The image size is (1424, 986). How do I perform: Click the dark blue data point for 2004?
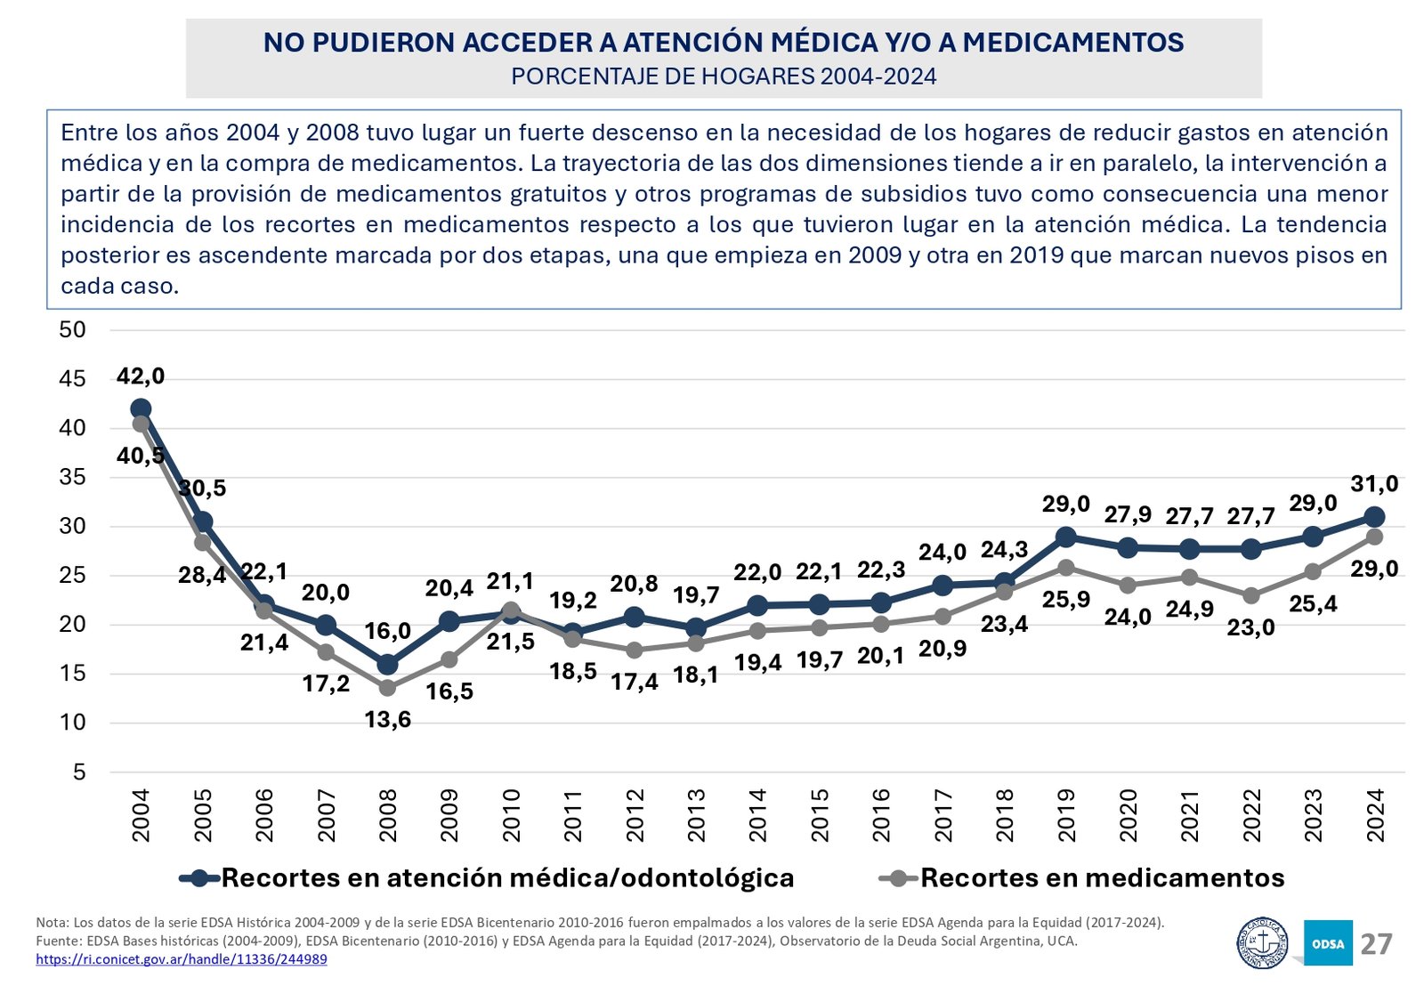[x=141, y=409]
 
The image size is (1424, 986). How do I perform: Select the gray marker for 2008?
[x=387, y=688]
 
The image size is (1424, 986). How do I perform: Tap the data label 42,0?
[x=141, y=376]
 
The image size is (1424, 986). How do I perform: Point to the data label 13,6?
[x=388, y=720]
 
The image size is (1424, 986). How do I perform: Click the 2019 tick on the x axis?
[x=1066, y=814]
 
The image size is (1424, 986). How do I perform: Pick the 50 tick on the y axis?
[x=72, y=330]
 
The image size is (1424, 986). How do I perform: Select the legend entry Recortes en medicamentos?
[x=1102, y=878]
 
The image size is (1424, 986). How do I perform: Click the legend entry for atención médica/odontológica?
[x=507, y=878]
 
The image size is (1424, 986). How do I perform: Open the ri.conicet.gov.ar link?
[x=182, y=959]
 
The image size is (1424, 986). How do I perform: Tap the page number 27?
[x=1376, y=944]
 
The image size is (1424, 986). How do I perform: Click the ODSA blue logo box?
[x=1328, y=943]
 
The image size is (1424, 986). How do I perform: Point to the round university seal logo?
[x=1263, y=942]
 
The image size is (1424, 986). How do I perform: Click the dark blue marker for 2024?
[x=1374, y=517]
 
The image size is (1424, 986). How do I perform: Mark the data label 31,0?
[x=1374, y=484]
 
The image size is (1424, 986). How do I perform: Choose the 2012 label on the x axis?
[x=635, y=814]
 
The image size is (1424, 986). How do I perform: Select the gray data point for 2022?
[x=1251, y=595]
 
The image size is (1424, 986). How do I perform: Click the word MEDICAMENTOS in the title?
[x=1073, y=43]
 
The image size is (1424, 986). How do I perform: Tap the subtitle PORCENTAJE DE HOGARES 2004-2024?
[x=724, y=77]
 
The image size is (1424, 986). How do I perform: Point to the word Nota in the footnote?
[x=51, y=922]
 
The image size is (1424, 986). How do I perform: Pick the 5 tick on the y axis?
[x=80, y=772]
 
